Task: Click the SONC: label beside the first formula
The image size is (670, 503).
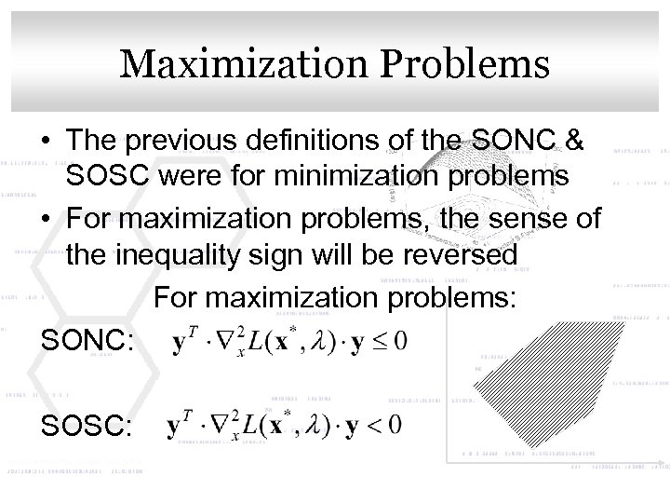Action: [x=89, y=342]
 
